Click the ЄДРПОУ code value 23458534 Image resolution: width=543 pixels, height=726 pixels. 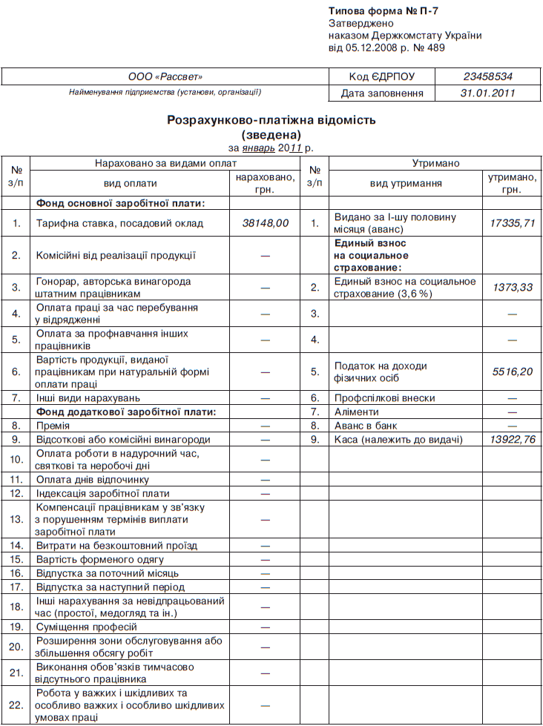coord(487,76)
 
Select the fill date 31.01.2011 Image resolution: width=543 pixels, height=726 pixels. coord(487,93)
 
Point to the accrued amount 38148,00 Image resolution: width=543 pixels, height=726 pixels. coord(266,222)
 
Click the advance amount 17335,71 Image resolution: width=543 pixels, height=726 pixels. coord(513,222)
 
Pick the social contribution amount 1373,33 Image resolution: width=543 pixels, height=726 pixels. coord(513,287)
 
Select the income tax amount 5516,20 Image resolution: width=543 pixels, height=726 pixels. coord(513,372)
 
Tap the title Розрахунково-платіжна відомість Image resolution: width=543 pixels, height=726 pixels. coord(271,119)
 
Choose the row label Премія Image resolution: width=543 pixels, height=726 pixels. coord(53,426)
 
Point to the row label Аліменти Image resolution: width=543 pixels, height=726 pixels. coord(357,412)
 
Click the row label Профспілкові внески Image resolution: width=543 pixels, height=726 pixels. coord(385,398)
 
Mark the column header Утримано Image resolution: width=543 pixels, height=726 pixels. coord(435,163)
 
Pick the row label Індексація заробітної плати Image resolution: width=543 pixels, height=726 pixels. coord(102,493)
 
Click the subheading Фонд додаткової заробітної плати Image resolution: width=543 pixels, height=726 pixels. coord(126,412)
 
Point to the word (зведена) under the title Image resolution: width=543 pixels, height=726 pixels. coord(271,134)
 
